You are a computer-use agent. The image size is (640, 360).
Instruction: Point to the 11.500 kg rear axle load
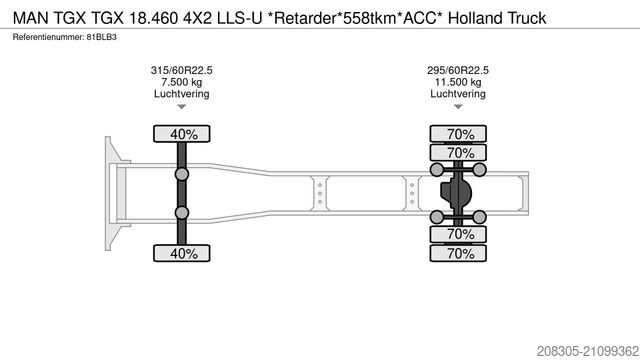click(457, 82)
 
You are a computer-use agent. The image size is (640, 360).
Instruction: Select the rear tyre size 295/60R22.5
click(457, 70)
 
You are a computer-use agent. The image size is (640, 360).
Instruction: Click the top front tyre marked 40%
click(183, 134)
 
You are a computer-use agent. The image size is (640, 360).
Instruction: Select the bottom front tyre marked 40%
click(183, 253)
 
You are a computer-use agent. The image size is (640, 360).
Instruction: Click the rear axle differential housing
click(460, 193)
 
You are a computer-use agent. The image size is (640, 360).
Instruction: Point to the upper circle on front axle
click(183, 175)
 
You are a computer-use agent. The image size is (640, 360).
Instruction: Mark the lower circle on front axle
click(183, 212)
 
